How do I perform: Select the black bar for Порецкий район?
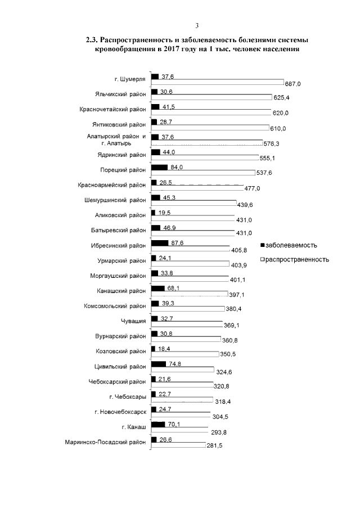(x=160, y=168)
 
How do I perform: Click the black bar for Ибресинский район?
(x=160, y=243)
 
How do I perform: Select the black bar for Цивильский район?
(x=159, y=364)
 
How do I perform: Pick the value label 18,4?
(x=164, y=349)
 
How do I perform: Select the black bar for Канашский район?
(x=158, y=289)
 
